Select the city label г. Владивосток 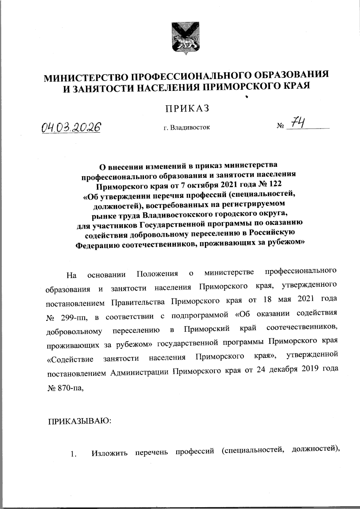(x=187, y=127)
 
